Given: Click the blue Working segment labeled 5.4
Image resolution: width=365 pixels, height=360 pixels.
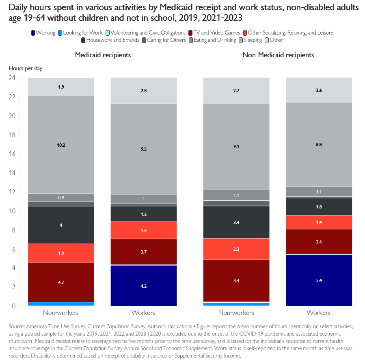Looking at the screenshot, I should click(x=319, y=280).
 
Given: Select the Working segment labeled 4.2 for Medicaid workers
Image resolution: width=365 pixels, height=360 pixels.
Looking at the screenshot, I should click(x=143, y=286).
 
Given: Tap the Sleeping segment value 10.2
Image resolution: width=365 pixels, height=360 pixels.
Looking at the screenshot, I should click(x=61, y=145).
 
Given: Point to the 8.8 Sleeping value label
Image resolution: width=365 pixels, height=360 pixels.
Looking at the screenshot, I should click(x=319, y=144).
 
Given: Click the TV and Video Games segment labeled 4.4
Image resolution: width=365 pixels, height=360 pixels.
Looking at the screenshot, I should click(x=236, y=281).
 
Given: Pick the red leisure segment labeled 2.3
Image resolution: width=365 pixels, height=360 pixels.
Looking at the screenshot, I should click(x=236, y=249).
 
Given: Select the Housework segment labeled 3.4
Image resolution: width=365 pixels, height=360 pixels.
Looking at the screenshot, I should click(x=236, y=222).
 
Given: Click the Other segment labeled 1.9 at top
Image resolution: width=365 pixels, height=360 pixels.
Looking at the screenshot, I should click(x=61, y=87).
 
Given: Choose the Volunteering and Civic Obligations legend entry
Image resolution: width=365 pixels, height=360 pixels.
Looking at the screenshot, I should click(x=148, y=33).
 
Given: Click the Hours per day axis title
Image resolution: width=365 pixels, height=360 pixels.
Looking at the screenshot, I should click(x=26, y=68).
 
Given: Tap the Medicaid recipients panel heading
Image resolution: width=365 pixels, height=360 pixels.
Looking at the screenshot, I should click(x=103, y=55).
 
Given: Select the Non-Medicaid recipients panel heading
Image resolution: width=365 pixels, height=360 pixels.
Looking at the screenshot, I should click(x=278, y=55).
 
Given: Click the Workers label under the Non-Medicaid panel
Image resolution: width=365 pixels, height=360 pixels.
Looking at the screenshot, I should click(x=319, y=313).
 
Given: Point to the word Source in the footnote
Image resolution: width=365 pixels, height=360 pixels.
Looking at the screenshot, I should click(x=16, y=326).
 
